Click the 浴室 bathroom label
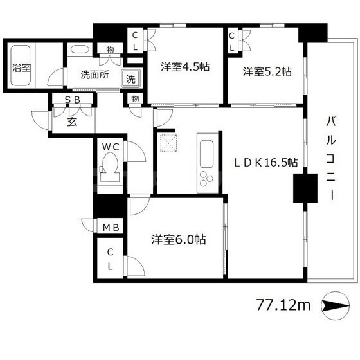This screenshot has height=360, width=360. click(x=22, y=67)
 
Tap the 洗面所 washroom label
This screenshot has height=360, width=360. click(x=94, y=75)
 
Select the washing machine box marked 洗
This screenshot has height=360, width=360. click(x=130, y=78)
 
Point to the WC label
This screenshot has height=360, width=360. click(x=111, y=147)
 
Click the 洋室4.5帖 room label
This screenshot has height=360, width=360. click(x=185, y=67)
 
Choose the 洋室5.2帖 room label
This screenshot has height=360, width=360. click(x=267, y=71)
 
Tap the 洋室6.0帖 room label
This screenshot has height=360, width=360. click(x=179, y=239)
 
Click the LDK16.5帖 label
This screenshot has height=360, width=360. click(x=266, y=163)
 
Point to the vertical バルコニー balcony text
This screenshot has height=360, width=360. click(x=330, y=158)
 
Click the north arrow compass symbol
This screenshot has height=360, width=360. click(x=336, y=305)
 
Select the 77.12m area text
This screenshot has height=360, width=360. click(x=283, y=305)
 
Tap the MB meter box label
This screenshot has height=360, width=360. click(x=111, y=228)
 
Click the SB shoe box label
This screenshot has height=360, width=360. click(x=72, y=100)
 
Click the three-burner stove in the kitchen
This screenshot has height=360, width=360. click(x=206, y=178)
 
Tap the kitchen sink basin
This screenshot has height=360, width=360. click(x=206, y=154)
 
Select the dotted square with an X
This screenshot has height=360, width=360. click(x=168, y=143)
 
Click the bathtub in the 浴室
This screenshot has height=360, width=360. click(x=21, y=66)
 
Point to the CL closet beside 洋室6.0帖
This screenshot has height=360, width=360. click(x=111, y=259)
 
